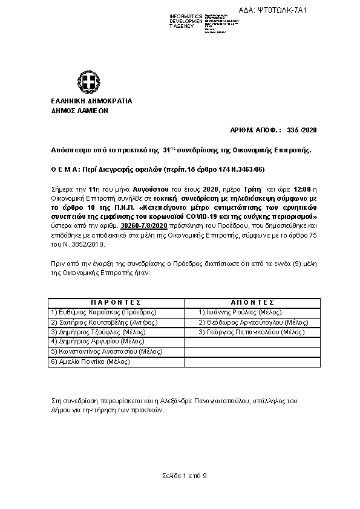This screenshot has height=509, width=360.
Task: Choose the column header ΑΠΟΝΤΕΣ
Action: [252, 302]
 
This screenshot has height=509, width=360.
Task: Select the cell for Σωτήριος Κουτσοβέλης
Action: [103, 322]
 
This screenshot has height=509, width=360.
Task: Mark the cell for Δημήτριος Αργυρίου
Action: [97, 342]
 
